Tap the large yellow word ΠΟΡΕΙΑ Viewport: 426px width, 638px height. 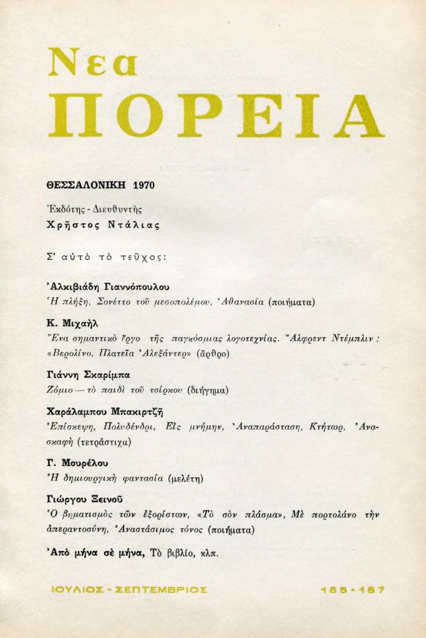[216, 116]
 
